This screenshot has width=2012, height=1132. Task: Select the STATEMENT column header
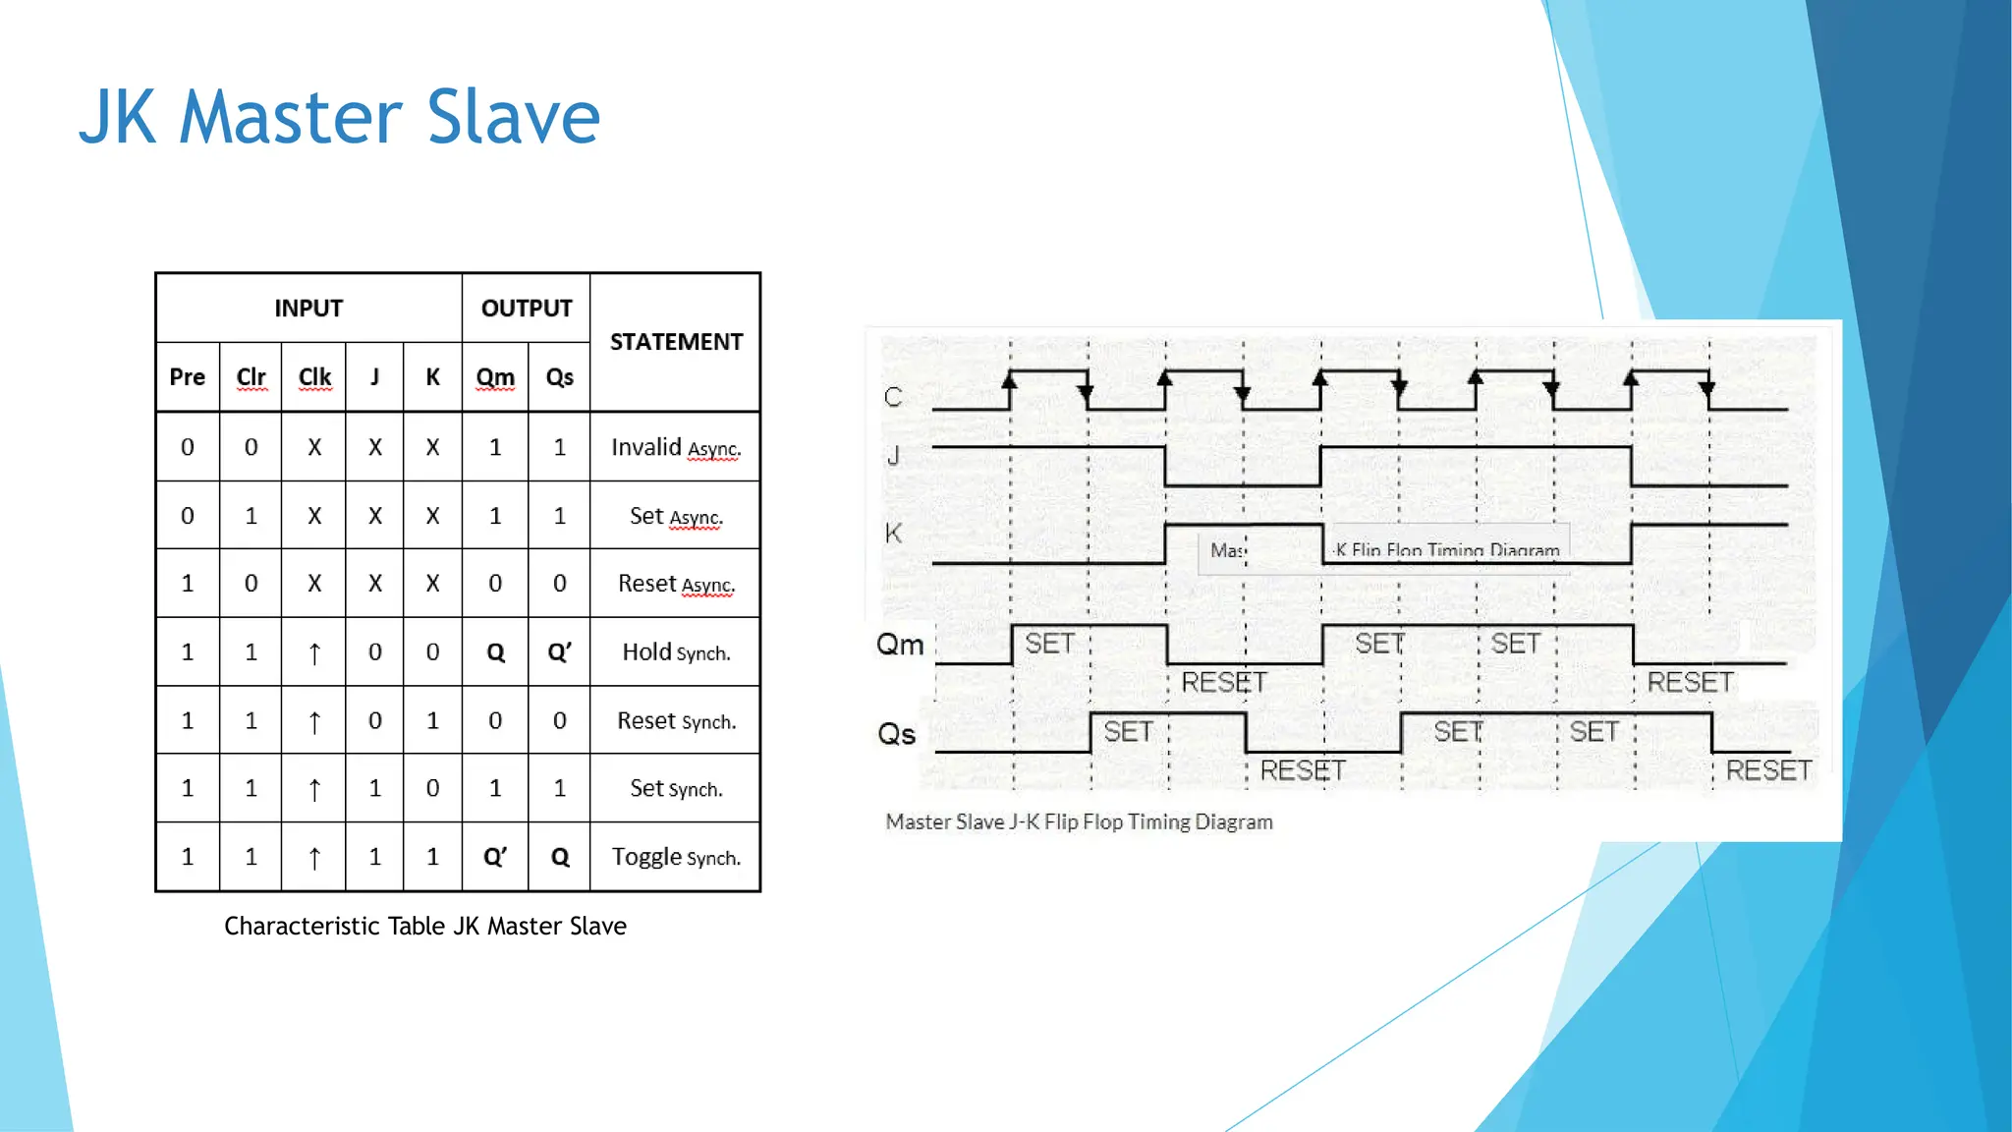[x=676, y=342]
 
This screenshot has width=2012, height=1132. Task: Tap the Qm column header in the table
[x=495, y=377]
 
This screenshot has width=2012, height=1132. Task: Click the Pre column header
[x=188, y=377]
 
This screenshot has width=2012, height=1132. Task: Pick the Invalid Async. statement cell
[x=676, y=448]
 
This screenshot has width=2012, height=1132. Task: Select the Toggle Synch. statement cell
[x=676, y=858]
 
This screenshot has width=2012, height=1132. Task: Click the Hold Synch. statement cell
[x=676, y=652]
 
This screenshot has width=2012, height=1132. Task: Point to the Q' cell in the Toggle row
[x=495, y=858]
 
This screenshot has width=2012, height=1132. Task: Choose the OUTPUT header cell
[x=527, y=309]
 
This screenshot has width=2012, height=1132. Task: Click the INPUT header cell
[x=308, y=309]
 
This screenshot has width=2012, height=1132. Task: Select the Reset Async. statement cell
[x=676, y=584]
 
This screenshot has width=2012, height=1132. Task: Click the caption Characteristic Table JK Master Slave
[x=425, y=926]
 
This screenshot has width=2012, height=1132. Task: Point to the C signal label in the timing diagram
[x=893, y=397]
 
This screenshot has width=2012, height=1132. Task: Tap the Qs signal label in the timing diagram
[x=897, y=734]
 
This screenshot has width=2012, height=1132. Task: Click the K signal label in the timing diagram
[x=893, y=534]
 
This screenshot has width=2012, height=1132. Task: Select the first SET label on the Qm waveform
[x=1049, y=644]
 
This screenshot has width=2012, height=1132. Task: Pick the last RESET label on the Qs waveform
[x=1768, y=770]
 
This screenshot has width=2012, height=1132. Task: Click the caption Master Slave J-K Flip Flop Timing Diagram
[x=1079, y=821]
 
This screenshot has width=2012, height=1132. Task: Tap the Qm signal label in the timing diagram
[x=900, y=645]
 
